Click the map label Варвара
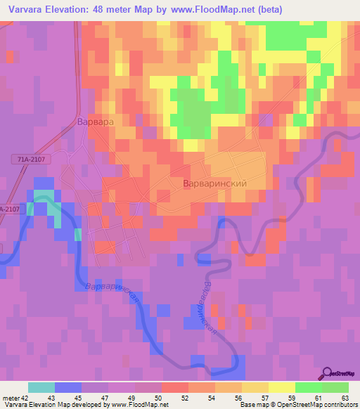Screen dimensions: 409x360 click(x=94, y=121)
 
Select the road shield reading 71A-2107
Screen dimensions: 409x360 click(x=32, y=160)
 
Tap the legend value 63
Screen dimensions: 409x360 click(x=344, y=398)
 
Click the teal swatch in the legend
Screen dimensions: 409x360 click(x=41, y=387)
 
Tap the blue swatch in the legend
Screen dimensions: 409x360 click(x=68, y=387)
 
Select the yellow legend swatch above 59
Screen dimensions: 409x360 click(x=281, y=387)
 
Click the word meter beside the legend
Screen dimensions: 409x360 click(x=9, y=398)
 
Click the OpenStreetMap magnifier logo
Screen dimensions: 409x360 click(x=327, y=373)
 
